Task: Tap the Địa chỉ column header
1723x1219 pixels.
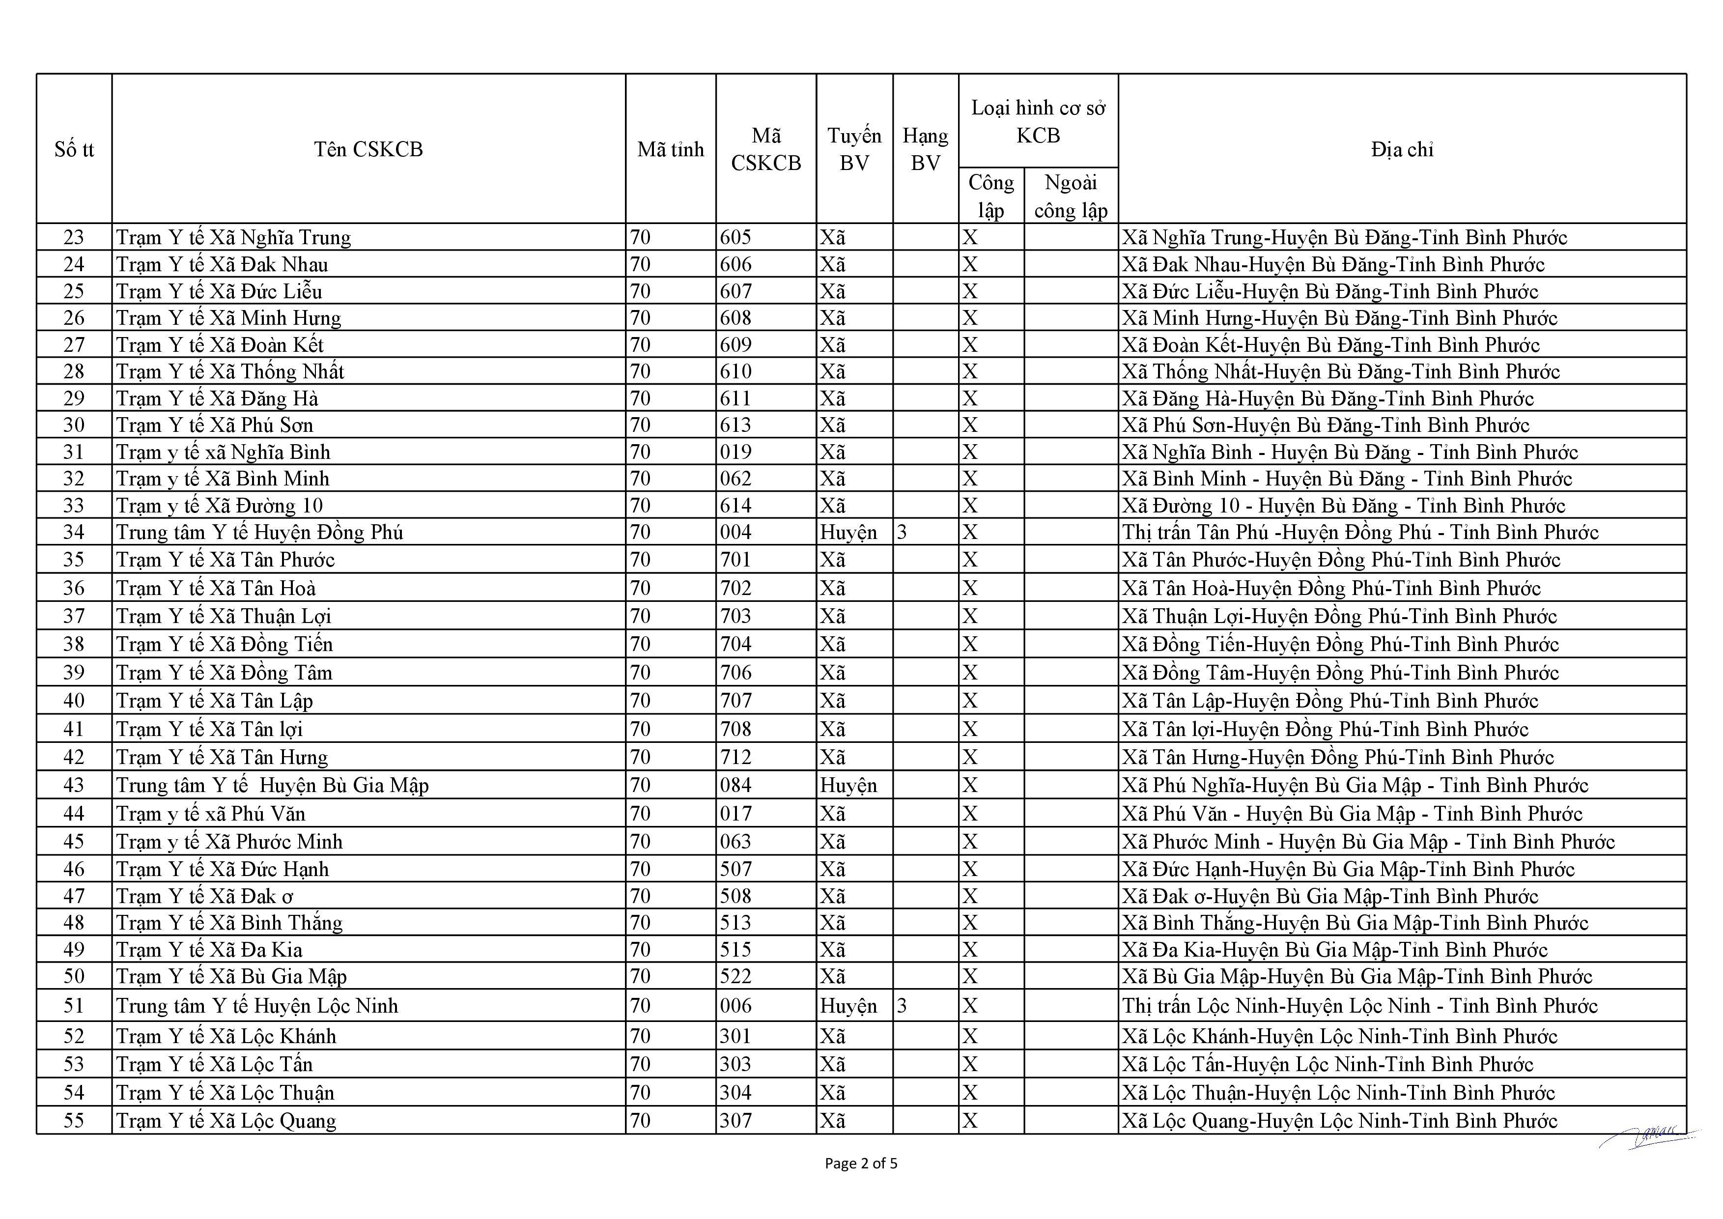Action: point(1401,149)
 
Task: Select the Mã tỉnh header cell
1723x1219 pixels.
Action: point(670,149)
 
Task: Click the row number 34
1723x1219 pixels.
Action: point(74,532)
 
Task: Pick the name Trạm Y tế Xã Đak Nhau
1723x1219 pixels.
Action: point(222,264)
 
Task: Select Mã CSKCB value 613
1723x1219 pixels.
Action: point(735,425)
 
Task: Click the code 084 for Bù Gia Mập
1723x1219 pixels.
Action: point(735,785)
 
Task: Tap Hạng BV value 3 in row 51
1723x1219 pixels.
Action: point(902,1006)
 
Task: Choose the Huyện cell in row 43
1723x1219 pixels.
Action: point(848,785)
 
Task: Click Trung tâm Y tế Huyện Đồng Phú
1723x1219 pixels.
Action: point(259,532)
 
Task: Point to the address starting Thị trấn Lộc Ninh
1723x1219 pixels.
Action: point(1360,1006)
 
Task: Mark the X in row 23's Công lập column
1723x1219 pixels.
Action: point(970,237)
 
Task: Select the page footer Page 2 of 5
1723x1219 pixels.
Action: point(861,1163)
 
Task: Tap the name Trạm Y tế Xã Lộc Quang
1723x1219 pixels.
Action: point(226,1121)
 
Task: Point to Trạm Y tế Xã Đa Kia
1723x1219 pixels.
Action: point(209,950)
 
